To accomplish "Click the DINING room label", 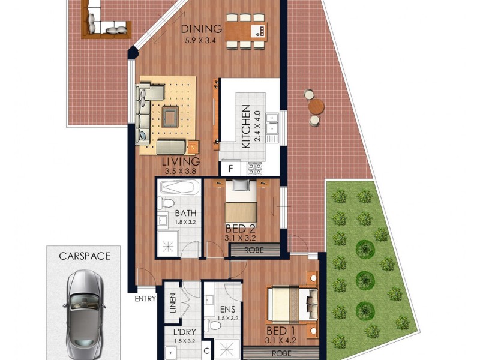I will pyautogui.click(x=202, y=29).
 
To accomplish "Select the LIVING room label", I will pyautogui.click(x=181, y=162).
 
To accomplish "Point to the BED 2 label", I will pyautogui.click(x=240, y=229).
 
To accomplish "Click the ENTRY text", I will pyautogui.click(x=146, y=298).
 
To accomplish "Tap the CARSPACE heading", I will pyautogui.click(x=85, y=256).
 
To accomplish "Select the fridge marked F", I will pyautogui.click(x=230, y=169).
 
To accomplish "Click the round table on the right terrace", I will pyautogui.click(x=316, y=107).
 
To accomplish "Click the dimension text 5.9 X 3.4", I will pyautogui.click(x=202, y=41).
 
